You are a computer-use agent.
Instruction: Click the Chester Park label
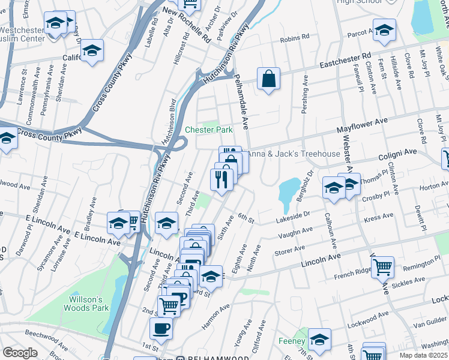[208, 130]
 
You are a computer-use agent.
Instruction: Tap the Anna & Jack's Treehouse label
[294, 154]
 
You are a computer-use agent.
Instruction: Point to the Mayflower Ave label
[362, 125]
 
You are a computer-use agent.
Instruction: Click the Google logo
[20, 353]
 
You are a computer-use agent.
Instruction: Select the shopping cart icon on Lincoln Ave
[383, 266]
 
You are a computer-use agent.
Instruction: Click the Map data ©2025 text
[423, 355]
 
